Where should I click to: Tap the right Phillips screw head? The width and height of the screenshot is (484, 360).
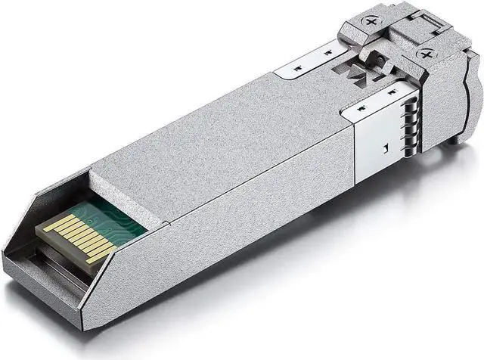click(428, 55)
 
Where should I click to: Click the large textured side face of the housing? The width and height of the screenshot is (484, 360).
click(227, 227)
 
